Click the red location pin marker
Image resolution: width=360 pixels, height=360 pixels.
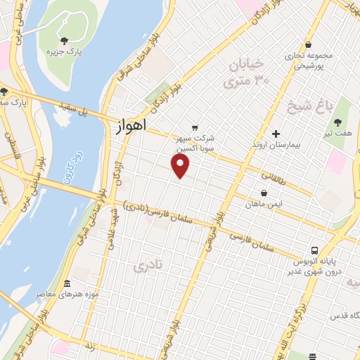[181, 166]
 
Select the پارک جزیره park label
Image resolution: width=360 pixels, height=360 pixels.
[60, 52]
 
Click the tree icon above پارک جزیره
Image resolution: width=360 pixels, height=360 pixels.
[64, 41]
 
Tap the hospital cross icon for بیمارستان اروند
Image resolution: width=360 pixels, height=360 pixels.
[276, 133]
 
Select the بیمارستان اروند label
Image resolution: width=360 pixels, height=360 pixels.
[276, 144]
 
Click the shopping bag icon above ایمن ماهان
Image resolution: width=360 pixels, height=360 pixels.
[263, 193]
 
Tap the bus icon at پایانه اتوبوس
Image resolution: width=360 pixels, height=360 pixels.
[316, 250]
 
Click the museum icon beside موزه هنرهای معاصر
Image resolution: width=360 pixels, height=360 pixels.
[67, 283]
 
